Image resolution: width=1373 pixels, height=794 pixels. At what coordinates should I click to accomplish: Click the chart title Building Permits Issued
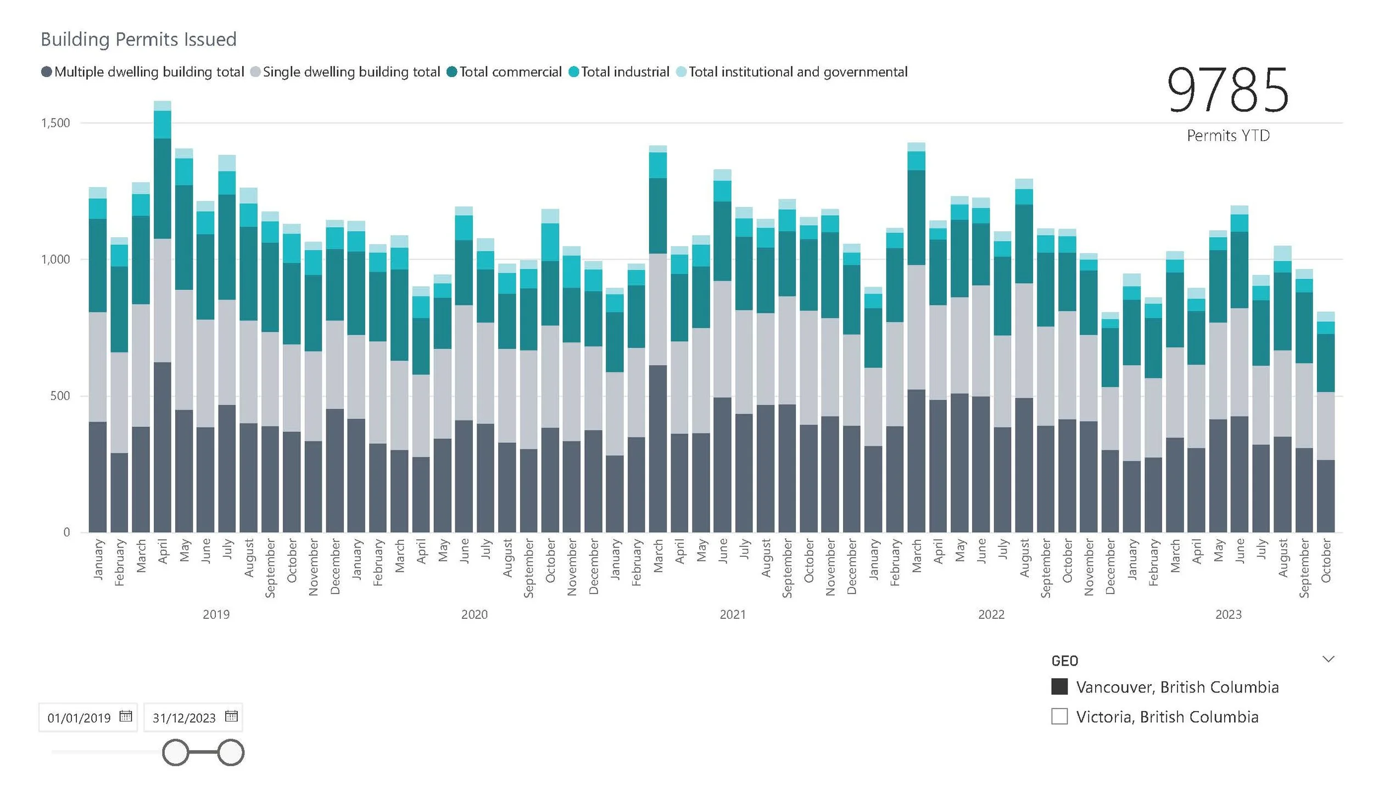pos(138,40)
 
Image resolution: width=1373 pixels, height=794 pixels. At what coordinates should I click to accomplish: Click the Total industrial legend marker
pos(573,72)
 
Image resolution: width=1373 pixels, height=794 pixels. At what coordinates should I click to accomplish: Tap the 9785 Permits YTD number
pos(1227,90)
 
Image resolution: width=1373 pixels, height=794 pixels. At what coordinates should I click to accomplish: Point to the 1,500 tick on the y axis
pos(56,123)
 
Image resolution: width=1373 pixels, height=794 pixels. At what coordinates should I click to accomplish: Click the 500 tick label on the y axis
pos(60,396)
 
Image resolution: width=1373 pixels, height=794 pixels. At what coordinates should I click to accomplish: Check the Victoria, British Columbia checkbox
pos(1059,717)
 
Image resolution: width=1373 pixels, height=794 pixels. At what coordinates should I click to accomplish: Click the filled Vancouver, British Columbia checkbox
pos(1059,687)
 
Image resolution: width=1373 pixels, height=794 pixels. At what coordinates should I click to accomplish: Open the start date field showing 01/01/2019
pos(79,718)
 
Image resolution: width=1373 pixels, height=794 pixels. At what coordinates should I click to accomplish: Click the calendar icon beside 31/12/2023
pos(231,716)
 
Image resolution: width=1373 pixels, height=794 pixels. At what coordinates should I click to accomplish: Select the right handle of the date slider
pos(231,752)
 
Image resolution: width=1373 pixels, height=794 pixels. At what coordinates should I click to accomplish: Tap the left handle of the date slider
pos(176,752)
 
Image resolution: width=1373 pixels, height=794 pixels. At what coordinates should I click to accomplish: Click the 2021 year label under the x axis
pos(733,614)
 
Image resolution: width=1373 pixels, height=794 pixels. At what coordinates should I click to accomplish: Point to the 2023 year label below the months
pos(1228,614)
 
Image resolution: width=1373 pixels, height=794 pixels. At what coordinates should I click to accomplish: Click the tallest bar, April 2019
pos(163,329)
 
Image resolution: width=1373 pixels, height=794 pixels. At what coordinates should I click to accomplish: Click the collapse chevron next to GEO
pos(1328,659)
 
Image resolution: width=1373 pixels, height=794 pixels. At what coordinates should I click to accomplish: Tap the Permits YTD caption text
pos(1228,136)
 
